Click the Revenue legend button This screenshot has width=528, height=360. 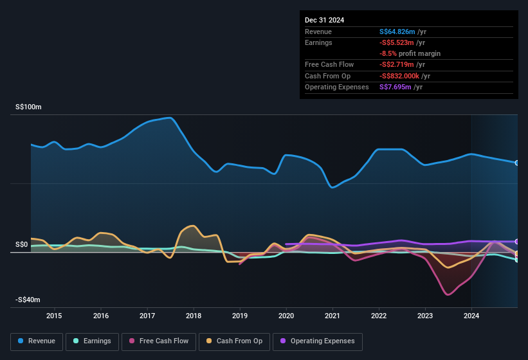point(37,341)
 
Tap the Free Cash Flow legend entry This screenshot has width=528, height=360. point(158,341)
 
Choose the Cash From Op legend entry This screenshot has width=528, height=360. point(234,341)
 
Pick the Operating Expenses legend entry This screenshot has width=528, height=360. point(318,341)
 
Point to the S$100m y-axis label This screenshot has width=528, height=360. point(28,107)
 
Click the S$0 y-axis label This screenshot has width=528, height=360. point(21,245)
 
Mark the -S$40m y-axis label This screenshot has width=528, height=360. point(28,300)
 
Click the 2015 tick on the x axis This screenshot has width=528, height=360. point(54,316)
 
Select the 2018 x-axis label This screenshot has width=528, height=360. point(194,316)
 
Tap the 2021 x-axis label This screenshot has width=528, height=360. point(332,316)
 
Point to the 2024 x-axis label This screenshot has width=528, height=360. point(471,316)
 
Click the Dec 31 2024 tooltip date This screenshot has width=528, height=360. point(324,20)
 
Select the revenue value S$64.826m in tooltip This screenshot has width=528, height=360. point(397,32)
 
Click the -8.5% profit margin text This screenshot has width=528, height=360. point(410,53)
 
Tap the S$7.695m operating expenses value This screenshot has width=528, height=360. point(396,87)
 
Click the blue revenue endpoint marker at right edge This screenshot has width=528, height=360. point(516,163)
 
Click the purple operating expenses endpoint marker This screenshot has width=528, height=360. point(516,242)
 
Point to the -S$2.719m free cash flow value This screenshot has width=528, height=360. point(397,64)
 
